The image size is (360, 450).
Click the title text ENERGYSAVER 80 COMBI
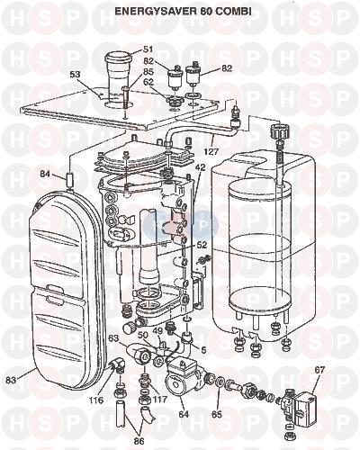[184, 11]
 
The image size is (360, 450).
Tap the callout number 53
[74, 74]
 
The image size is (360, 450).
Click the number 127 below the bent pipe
[211, 152]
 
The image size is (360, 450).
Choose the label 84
[46, 174]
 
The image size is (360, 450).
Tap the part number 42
[200, 167]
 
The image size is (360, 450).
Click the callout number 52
[202, 245]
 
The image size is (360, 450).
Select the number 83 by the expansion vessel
[13, 380]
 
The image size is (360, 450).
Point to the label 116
[96, 400]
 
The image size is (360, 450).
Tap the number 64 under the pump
[184, 414]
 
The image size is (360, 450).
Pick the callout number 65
[216, 415]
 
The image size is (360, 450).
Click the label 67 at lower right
[319, 370]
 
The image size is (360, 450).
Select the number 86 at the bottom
[139, 441]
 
